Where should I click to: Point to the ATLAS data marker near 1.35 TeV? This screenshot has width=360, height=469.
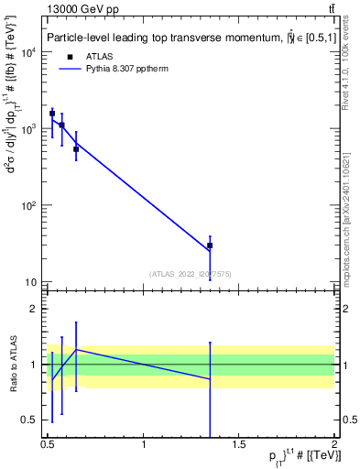pyautogui.click(x=210, y=245)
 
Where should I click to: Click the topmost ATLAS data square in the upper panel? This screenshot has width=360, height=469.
pyautogui.click(x=52, y=114)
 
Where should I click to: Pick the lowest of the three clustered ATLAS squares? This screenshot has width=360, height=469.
pyautogui.click(x=76, y=148)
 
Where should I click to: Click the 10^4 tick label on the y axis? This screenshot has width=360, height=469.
pyautogui.click(x=29, y=52)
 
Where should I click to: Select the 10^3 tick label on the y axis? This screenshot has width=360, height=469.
pyautogui.click(x=29, y=129)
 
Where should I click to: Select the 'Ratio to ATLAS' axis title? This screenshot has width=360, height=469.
pyautogui.click(x=12, y=365)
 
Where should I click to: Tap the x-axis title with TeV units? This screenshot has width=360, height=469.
pyautogui.click(x=300, y=457)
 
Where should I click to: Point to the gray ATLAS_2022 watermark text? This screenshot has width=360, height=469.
pyautogui.click(x=191, y=273)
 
